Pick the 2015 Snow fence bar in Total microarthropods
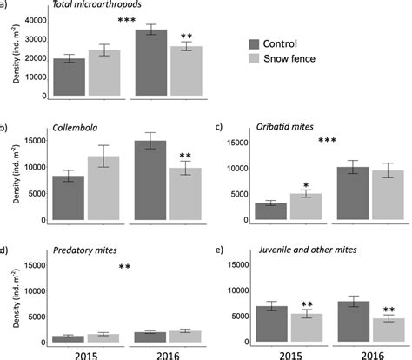point(103,68)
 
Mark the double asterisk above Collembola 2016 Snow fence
point(183,156)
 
